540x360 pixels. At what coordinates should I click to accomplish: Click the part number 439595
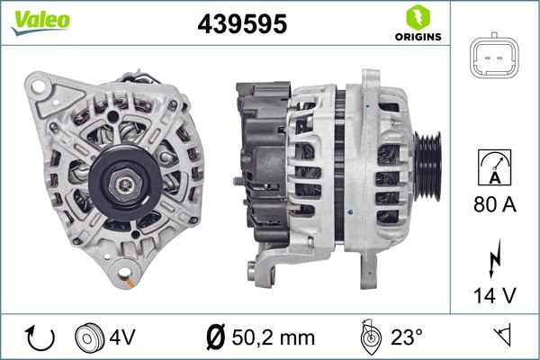[x=241, y=25]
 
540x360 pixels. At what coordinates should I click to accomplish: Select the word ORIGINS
[x=418, y=38]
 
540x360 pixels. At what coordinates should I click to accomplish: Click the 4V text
[x=124, y=337]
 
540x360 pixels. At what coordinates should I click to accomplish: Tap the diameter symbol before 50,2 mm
[x=215, y=337]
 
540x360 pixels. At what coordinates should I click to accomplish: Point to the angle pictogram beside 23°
[x=369, y=337]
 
